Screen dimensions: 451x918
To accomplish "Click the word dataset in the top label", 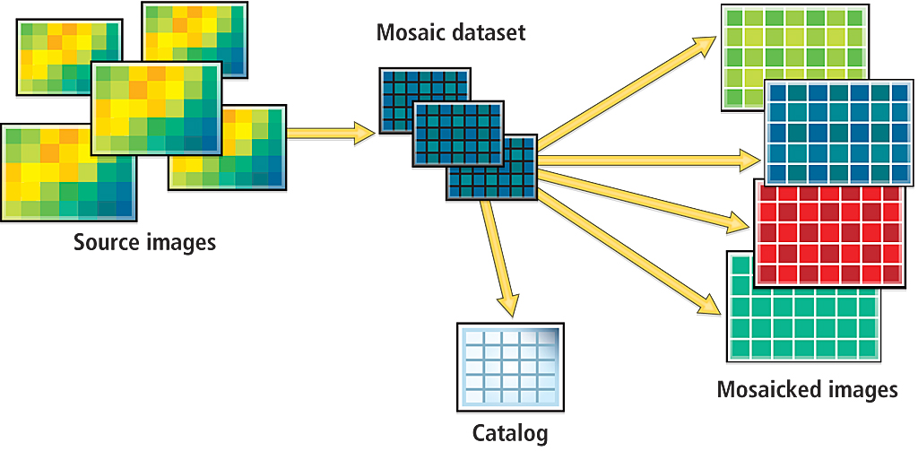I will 488,33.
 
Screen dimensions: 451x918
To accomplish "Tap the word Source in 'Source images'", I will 105,242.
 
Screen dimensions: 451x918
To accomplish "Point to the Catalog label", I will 510,434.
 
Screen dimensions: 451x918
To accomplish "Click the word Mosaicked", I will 768,390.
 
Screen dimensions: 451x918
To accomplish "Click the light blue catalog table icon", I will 511,368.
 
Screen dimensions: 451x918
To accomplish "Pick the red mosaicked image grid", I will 829,233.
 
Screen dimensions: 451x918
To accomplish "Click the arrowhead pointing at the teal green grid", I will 711,305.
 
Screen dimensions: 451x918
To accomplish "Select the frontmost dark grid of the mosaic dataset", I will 490,168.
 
